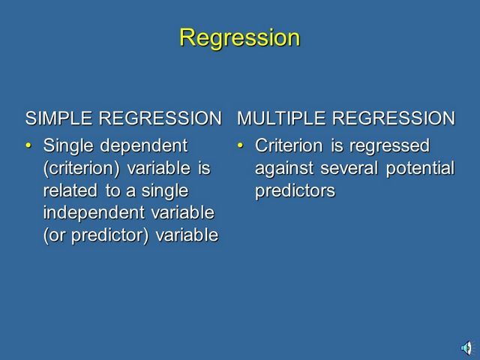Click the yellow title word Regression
click(239, 37)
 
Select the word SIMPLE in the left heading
click(58, 118)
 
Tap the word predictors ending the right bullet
click(294, 190)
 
